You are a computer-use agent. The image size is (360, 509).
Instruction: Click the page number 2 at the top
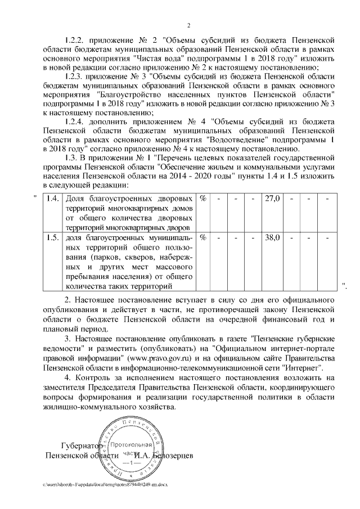pos(189,25)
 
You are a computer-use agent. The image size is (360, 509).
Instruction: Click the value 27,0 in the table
pos(272,199)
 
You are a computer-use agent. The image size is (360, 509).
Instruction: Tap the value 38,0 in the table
pos(272,237)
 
